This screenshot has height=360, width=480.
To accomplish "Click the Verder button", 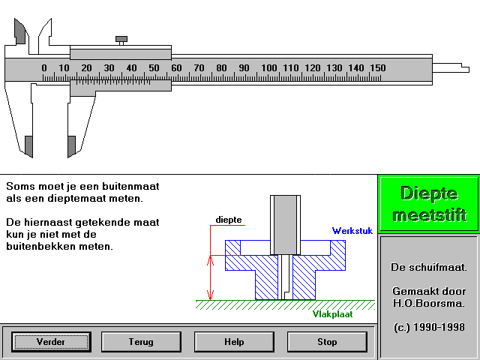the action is click(51, 342).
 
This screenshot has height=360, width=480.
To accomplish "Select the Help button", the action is click(234, 342).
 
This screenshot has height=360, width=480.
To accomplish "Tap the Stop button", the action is click(327, 342).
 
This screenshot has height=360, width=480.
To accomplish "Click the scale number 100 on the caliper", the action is click(268, 67).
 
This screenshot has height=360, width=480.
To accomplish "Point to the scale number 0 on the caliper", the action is click(44, 67).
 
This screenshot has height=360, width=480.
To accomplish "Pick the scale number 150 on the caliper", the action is click(378, 67).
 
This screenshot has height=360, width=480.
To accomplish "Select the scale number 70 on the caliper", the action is click(199, 67).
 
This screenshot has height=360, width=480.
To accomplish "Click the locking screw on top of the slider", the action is click(121, 40).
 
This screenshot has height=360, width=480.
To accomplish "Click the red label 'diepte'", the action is click(229, 220).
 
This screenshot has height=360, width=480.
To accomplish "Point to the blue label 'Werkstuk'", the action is click(352, 231).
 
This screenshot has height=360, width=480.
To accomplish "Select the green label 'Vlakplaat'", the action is click(332, 314).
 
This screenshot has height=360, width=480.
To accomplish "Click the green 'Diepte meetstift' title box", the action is click(428, 203).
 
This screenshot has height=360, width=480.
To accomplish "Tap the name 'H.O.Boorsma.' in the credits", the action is click(428, 303).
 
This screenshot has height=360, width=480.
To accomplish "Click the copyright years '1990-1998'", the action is click(439, 327).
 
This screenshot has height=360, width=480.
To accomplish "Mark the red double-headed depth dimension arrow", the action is click(210, 277).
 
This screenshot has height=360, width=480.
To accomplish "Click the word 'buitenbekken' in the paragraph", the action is click(59, 246).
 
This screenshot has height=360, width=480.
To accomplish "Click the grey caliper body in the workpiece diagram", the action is click(285, 225).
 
